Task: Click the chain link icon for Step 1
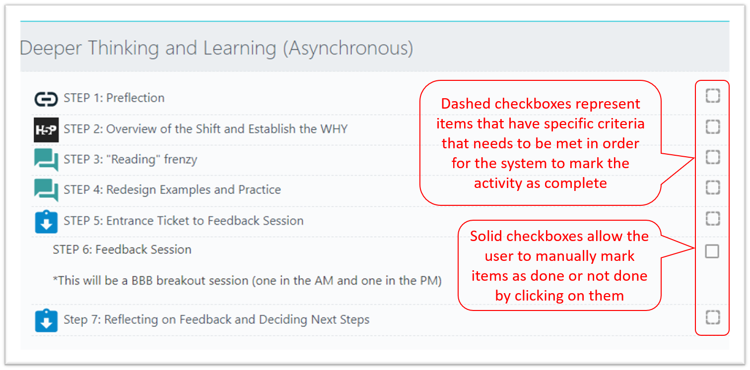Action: coord(46,99)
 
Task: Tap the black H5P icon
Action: coord(46,130)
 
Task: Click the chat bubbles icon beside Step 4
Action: coord(46,190)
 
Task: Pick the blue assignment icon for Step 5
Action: coord(46,222)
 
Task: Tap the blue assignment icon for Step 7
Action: coord(46,320)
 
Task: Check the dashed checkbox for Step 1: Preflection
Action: coord(712,95)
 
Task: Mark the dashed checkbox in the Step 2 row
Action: coord(712,127)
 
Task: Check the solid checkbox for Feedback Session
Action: coord(712,251)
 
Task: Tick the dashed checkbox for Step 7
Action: coord(712,317)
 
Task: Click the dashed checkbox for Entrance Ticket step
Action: coord(712,218)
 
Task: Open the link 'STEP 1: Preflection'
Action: coord(114,98)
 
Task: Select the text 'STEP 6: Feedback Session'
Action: coord(122,249)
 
